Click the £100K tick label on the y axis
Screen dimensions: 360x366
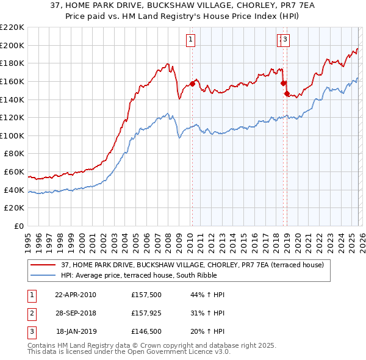[12, 135]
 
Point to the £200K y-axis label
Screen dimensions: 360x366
[12, 45]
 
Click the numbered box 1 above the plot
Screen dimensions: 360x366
[191, 40]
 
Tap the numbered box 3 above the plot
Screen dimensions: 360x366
[285, 40]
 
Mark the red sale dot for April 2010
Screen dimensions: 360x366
[192, 84]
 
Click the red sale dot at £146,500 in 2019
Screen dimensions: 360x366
[286, 93]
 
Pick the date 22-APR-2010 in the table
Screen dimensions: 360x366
[76, 295]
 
